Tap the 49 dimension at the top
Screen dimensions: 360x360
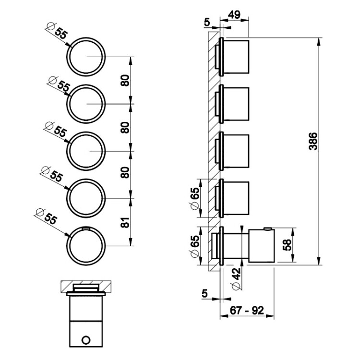click(235, 15)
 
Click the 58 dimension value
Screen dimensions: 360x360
click(287, 246)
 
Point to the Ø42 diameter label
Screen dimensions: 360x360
click(236, 278)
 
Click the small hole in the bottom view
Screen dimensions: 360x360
click(86, 340)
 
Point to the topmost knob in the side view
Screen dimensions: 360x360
click(235, 57)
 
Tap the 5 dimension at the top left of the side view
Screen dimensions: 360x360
click(207, 22)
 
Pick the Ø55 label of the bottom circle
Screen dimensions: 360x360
click(47, 218)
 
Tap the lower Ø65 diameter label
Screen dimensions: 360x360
click(194, 246)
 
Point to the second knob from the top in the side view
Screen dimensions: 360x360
click(235, 104)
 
